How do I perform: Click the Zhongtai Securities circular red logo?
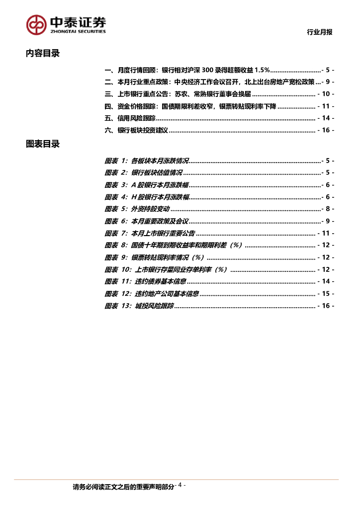[36, 24]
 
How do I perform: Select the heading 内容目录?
[43, 54]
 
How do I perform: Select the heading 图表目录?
[43, 144]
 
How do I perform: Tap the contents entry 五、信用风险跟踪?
[130, 118]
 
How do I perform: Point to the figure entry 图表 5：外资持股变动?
[137, 209]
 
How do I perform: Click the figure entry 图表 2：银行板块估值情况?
[143, 172]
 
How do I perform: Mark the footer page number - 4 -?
[181, 486]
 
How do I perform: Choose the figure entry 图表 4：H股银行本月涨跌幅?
[147, 197]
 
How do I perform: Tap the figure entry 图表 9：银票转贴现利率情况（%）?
[155, 257]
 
